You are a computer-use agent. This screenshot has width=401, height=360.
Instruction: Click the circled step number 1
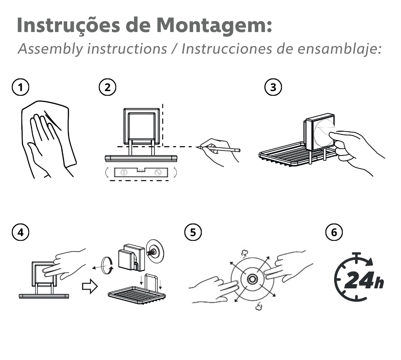point(20,87)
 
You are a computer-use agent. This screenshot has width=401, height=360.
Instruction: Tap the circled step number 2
point(108,87)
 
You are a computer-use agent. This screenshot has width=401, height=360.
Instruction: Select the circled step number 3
point(273,87)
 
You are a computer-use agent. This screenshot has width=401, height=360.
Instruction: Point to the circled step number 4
point(20,232)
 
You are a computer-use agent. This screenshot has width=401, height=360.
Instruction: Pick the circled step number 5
point(193,232)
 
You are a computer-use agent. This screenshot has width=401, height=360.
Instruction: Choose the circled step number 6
point(334,232)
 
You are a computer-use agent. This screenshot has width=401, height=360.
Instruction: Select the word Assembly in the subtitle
point(50,49)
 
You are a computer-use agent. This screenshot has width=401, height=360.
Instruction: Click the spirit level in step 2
point(141,172)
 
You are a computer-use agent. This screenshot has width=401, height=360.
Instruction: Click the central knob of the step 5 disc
point(252,279)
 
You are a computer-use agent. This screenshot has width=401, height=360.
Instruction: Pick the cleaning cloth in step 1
point(49,133)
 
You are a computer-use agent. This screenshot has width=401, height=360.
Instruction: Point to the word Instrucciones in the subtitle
point(227,49)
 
